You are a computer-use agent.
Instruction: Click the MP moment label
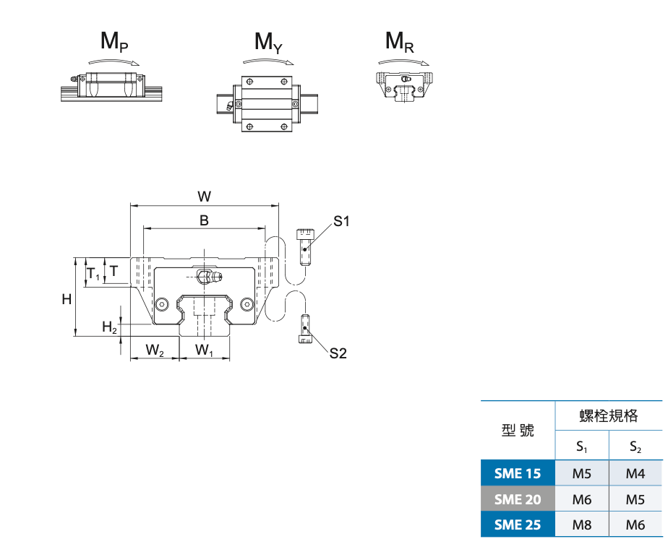click(114, 43)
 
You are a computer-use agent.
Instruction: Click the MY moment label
click(267, 43)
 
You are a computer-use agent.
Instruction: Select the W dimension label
click(204, 196)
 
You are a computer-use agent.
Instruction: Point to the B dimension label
click(204, 220)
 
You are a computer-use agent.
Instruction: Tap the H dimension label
click(67, 298)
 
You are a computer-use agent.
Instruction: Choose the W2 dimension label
click(154, 350)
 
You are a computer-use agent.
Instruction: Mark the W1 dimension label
click(205, 350)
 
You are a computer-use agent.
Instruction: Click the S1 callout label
click(341, 221)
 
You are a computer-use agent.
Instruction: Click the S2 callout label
click(338, 353)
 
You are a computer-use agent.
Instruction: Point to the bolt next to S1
click(306, 246)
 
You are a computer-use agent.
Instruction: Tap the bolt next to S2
click(305, 329)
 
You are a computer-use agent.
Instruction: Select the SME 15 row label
click(518, 474)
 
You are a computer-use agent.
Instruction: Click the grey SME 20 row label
click(518, 499)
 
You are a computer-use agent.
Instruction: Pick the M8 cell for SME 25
click(582, 525)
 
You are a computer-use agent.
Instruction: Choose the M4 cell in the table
click(635, 474)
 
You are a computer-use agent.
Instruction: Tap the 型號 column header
click(518, 431)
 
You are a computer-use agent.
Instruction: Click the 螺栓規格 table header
click(609, 415)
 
